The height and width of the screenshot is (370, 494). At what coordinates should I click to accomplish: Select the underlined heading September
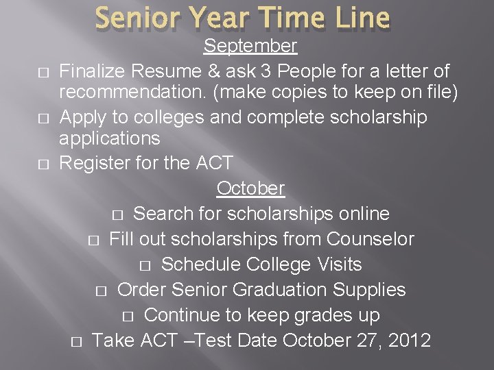[250, 47]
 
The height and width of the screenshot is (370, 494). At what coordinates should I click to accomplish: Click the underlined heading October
[250, 188]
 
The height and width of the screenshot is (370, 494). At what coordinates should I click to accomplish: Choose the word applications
[110, 139]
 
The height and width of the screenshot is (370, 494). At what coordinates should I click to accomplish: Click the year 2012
[408, 340]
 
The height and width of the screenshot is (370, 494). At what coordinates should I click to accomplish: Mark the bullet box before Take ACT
[76, 341]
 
